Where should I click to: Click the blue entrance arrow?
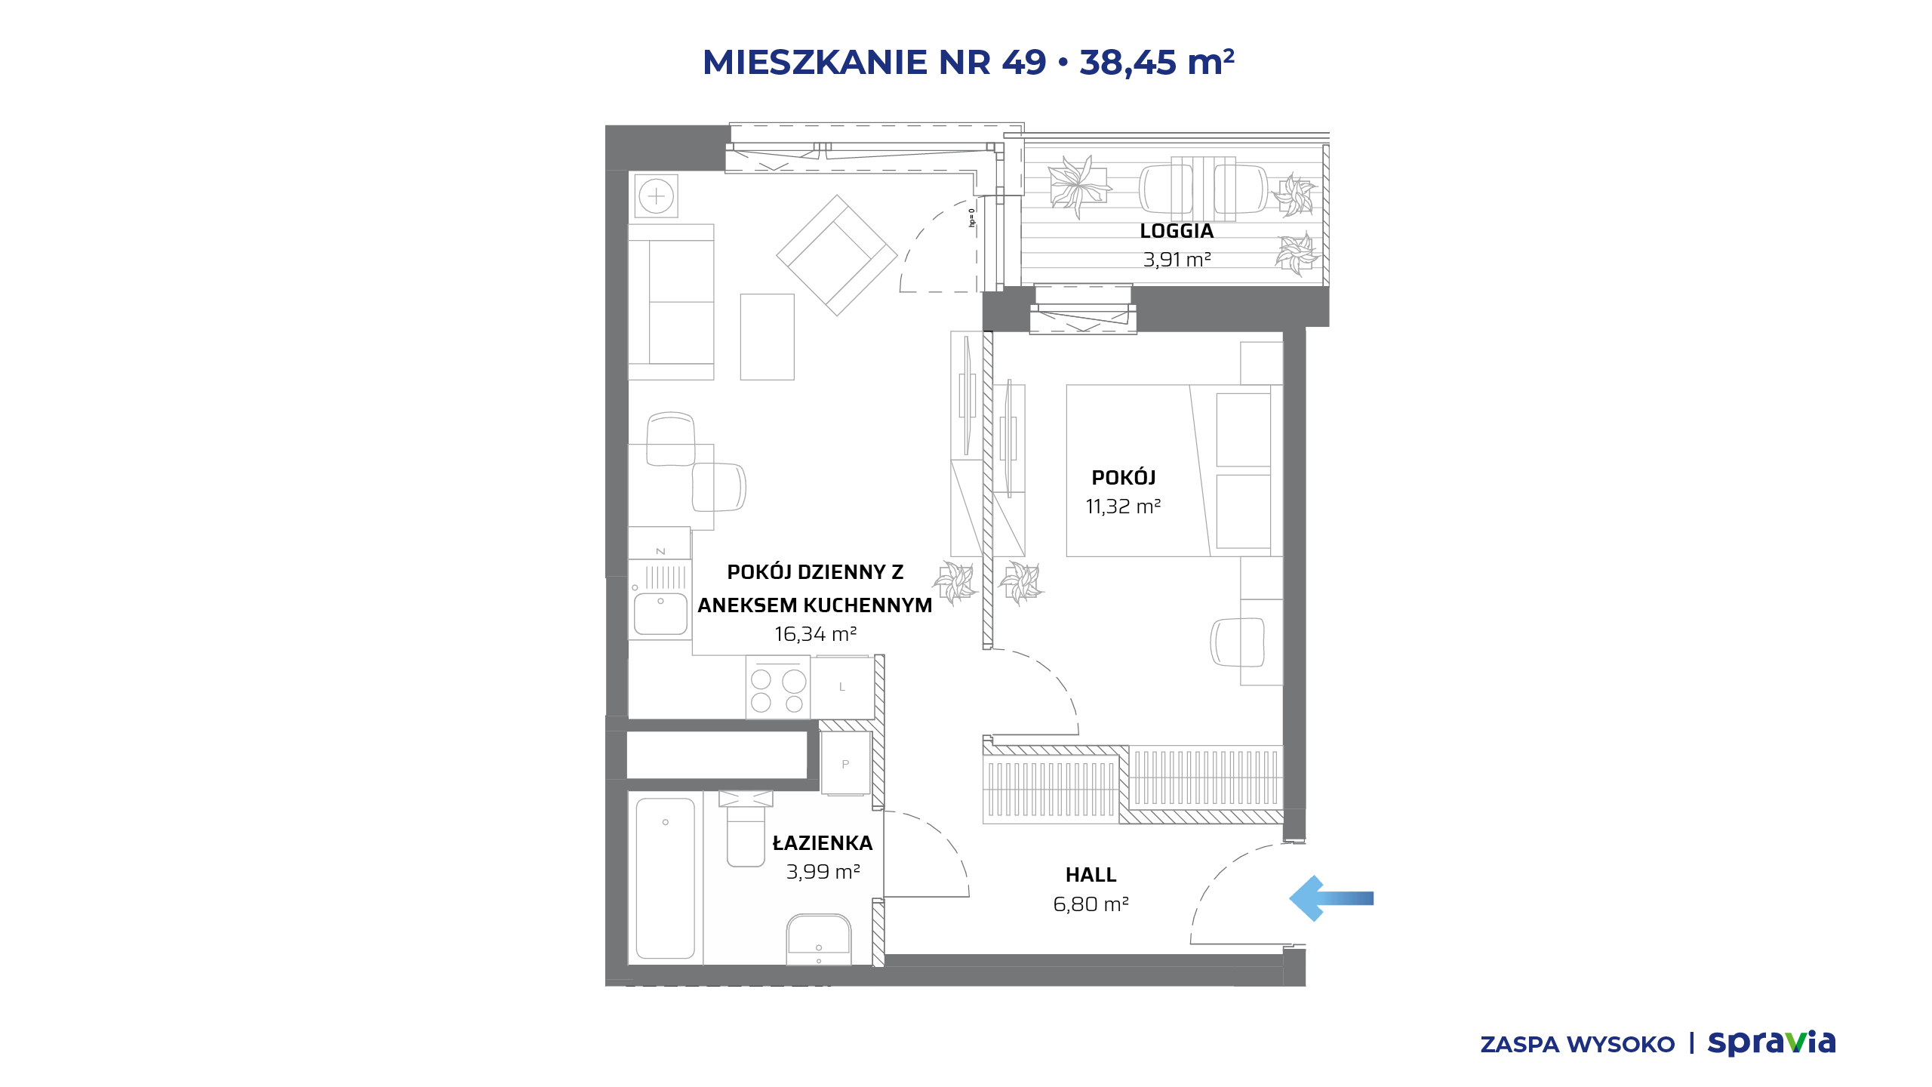pyautogui.click(x=1331, y=898)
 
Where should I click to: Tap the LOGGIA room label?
pyautogui.click(x=1177, y=231)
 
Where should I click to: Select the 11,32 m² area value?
pyautogui.click(x=1123, y=507)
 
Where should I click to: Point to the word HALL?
pyautogui.click(x=1091, y=875)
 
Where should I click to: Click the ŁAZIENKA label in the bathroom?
pyautogui.click(x=822, y=842)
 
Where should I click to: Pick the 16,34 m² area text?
pyautogui.click(x=815, y=634)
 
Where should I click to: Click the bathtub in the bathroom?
pyautogui.click(x=665, y=878)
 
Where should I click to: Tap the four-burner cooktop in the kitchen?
pyautogui.click(x=777, y=687)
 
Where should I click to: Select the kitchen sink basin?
pyautogui.click(x=660, y=614)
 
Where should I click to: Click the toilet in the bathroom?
pyautogui.click(x=746, y=829)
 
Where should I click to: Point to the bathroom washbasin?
pyautogui.click(x=819, y=939)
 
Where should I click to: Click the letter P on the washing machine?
pyautogui.click(x=845, y=764)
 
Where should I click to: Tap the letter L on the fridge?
pyautogui.click(x=842, y=687)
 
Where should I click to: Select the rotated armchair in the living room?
pyautogui.click(x=836, y=255)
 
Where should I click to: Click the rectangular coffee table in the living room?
pyautogui.click(x=767, y=337)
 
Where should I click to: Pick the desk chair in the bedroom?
pyautogui.click(x=1237, y=642)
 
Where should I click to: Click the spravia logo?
pyautogui.click(x=1771, y=1042)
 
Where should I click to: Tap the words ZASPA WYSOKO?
pyautogui.click(x=1577, y=1045)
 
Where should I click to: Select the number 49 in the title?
pyautogui.click(x=1024, y=62)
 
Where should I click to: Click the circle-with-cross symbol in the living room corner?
pyautogui.click(x=656, y=196)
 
